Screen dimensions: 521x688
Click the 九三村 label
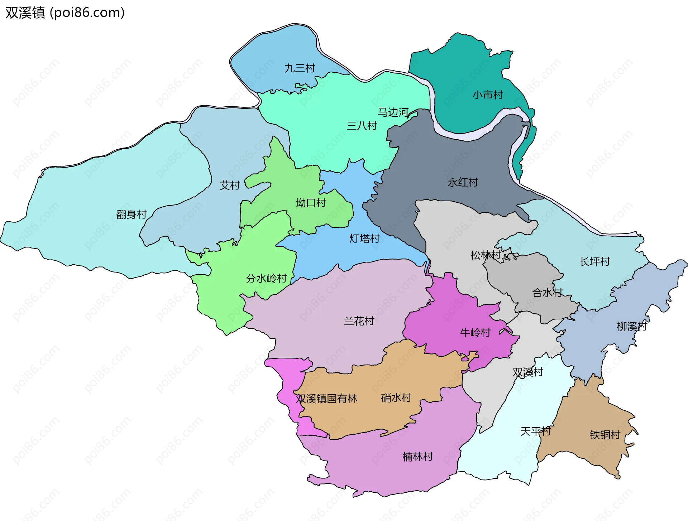click(300, 68)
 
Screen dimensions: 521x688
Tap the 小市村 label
click(487, 95)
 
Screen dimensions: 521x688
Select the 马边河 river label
click(393, 112)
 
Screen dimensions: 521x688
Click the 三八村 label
click(362, 126)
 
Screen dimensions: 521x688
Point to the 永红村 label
click(463, 182)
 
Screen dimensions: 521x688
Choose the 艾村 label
click(230, 185)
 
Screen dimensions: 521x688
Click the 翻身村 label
click(132, 214)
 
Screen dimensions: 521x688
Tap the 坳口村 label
click(310, 203)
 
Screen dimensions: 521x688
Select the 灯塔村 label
click(364, 238)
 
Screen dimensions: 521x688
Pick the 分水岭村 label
click(266, 278)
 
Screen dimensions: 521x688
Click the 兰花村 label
click(359, 321)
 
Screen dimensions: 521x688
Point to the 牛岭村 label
click(475, 333)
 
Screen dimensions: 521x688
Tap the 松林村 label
click(485, 255)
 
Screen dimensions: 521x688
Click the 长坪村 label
click(594, 262)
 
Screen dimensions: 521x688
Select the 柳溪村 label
click(631, 327)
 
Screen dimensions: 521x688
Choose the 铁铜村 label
click(605, 435)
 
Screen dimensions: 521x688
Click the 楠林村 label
click(417, 457)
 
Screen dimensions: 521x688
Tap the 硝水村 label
click(396, 397)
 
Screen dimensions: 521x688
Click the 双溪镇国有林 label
click(326, 399)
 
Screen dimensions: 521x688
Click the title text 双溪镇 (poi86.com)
click(65, 13)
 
